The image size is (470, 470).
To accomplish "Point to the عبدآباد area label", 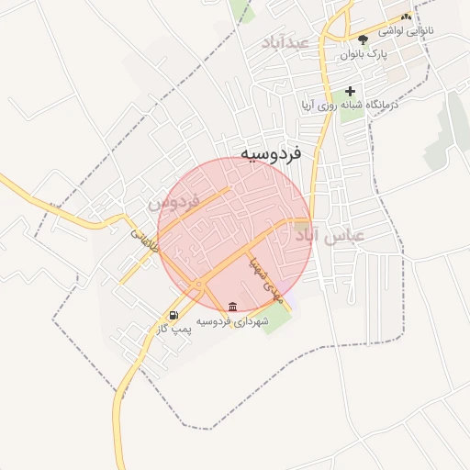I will click(285, 43).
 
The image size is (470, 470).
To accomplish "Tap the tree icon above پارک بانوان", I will click(363, 39).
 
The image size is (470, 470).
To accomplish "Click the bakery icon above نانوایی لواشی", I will click(405, 17).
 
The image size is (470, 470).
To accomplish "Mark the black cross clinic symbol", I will click(349, 92).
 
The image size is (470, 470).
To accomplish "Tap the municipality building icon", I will click(231, 306).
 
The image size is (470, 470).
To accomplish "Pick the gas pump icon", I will click(174, 316).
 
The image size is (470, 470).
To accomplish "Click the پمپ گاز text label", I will click(174, 329).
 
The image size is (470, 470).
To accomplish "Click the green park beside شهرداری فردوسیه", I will click(275, 319).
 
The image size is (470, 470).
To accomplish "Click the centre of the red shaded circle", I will click(235, 235).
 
